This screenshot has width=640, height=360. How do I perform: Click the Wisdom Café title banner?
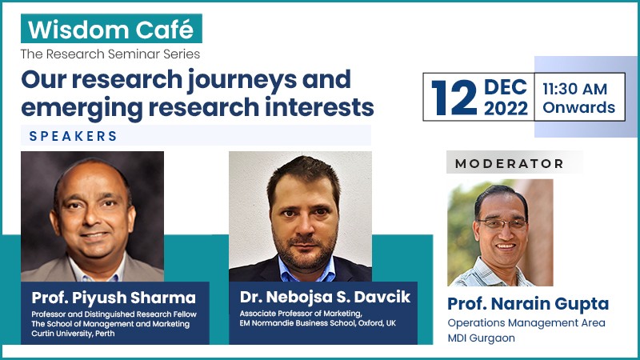click(x=111, y=29)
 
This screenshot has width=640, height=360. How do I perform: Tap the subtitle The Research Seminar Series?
click(x=110, y=54)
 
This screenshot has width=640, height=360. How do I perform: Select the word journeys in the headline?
click(x=242, y=80)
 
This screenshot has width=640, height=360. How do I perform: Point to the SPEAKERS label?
click(x=74, y=136)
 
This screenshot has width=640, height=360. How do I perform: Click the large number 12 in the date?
click(x=454, y=98)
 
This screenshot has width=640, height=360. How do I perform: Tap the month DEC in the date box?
click(x=506, y=87)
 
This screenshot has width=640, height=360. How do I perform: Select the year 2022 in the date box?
click(x=506, y=108)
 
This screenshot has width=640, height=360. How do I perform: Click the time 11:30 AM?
click(x=574, y=89)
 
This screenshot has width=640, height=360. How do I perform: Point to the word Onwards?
click(x=578, y=107)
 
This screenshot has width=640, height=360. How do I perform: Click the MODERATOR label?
click(x=510, y=164)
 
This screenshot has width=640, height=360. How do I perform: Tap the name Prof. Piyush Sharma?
click(x=114, y=298)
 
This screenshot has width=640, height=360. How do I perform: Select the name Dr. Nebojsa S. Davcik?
click(x=325, y=297)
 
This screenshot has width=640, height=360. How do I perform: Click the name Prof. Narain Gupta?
click(x=528, y=304)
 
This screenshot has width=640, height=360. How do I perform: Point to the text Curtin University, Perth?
click(x=73, y=334)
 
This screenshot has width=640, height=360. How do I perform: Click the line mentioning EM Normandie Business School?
click(x=318, y=323)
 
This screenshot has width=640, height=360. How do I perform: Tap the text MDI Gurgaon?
click(x=482, y=338)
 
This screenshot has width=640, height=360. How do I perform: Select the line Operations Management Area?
click(x=526, y=323)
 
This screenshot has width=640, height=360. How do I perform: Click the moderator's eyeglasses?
click(x=502, y=223)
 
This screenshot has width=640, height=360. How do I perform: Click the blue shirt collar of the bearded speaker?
click(x=306, y=270)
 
